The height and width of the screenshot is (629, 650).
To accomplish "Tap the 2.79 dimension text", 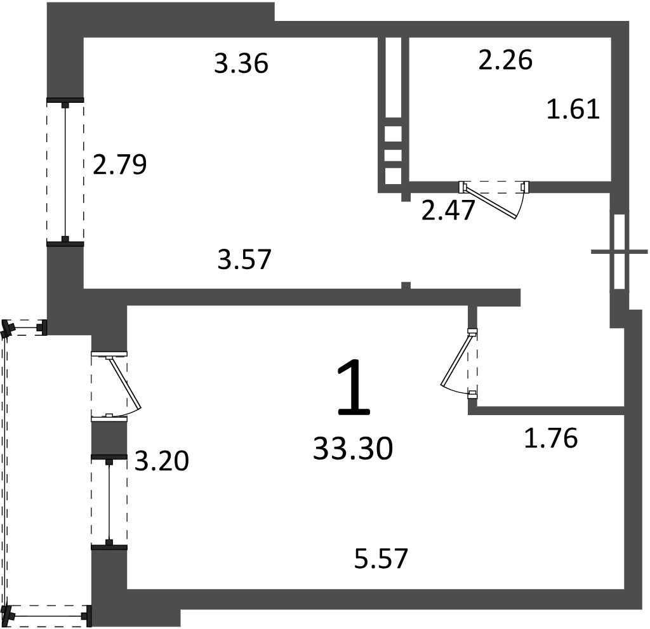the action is click(120, 164).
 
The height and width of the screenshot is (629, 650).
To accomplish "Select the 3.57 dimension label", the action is click(244, 259).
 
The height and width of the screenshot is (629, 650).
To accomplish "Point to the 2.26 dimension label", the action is click(505, 60).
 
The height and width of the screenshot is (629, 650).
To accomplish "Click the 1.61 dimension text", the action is click(573, 110).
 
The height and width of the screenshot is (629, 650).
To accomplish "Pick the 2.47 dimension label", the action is click(448, 210).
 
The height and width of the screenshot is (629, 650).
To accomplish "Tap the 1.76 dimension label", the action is click(551, 438).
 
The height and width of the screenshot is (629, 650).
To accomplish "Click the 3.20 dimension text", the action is click(162, 461).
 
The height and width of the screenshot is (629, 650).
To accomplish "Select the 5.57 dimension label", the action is click(381, 558).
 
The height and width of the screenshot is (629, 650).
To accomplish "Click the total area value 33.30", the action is click(353, 449).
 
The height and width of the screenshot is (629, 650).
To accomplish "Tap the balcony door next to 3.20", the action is click(116, 386).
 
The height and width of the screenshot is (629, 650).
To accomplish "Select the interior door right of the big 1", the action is click(460, 363).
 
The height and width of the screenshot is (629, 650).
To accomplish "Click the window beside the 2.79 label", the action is click(65, 172).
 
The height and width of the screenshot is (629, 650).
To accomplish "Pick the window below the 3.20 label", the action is click(109, 501).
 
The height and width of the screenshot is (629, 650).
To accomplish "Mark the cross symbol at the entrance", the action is click(620, 251).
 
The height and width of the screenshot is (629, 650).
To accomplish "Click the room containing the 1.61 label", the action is click(510, 109).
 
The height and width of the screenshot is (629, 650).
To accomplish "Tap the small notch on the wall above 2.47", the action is click(406, 197).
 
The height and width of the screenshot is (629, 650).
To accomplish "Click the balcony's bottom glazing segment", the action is click(48, 616).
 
